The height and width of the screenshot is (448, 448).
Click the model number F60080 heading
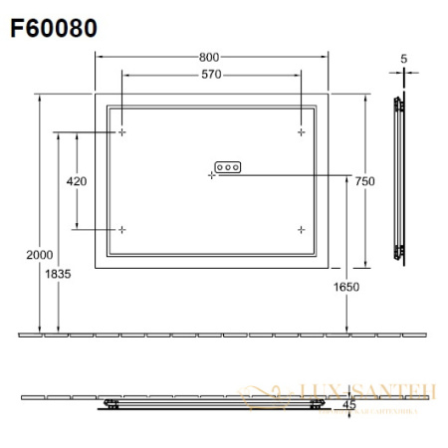(54, 28)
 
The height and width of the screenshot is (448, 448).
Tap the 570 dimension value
(210, 75)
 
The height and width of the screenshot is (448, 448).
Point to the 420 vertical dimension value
(77, 181)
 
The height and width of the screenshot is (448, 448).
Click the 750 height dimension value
(364, 180)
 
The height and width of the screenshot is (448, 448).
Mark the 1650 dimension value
(346, 287)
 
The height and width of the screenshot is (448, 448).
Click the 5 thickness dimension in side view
(403, 59)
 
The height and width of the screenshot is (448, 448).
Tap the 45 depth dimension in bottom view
(348, 405)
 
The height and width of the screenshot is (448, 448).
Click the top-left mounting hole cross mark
(122, 131)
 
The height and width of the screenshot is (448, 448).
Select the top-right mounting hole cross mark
(300, 131)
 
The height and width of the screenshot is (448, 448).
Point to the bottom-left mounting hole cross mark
(122, 229)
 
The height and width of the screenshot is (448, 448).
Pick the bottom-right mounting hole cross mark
(300, 229)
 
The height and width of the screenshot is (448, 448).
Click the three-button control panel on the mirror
(228, 167)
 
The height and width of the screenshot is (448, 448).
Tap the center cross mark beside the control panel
(211, 175)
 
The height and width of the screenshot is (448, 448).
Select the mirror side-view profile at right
(400, 179)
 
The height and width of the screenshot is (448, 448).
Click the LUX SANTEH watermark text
(353, 393)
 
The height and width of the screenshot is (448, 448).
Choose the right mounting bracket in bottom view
(316, 404)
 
